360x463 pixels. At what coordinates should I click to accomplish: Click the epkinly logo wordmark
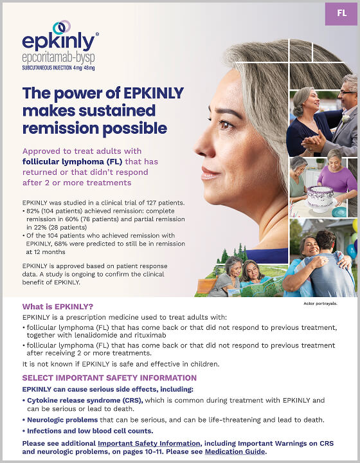[x=59, y=42]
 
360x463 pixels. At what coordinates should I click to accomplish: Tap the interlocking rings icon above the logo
[x=62, y=27]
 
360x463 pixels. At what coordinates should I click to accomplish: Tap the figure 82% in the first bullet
[x=33, y=211]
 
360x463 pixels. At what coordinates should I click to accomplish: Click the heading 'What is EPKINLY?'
[x=59, y=306]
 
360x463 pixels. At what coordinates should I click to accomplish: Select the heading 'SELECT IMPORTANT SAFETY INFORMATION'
[x=109, y=378]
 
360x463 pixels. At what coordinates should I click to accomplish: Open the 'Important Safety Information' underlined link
[x=148, y=443]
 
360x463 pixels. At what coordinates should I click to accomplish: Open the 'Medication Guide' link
[x=235, y=451]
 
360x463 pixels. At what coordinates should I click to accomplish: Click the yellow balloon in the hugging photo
[x=355, y=225]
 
